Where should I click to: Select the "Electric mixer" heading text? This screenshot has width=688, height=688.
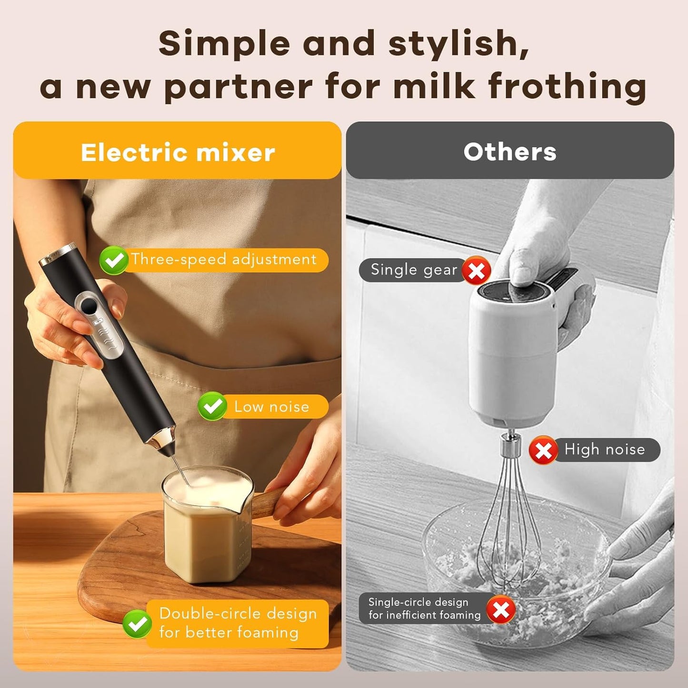click(x=178, y=152)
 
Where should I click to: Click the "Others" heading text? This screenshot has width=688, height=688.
click(x=510, y=152)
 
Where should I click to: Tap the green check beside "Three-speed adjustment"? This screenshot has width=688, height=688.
click(x=114, y=260)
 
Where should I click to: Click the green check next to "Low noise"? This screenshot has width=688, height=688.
click(x=212, y=406)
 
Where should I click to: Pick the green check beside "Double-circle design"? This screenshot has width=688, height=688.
click(x=137, y=624)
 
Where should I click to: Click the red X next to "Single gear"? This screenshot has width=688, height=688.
click(x=477, y=271)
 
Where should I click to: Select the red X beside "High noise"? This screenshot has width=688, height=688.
click(x=543, y=450)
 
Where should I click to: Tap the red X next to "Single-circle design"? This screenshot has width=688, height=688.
click(x=501, y=609)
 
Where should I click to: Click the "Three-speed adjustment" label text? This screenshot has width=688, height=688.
click(x=224, y=259)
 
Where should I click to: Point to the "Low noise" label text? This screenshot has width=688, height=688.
click(x=271, y=407)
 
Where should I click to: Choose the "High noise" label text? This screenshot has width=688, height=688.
click(x=604, y=449)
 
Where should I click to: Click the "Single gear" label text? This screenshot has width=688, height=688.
click(x=414, y=270)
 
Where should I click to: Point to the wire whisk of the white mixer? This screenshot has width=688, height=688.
click(x=509, y=533)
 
